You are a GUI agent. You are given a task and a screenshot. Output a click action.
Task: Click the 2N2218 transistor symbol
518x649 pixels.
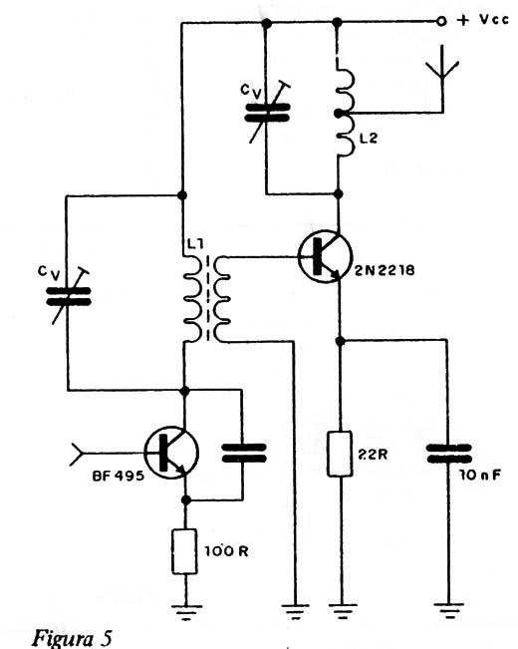[x=325, y=256]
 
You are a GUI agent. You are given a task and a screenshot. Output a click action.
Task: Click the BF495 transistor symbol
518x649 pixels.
[x=171, y=453]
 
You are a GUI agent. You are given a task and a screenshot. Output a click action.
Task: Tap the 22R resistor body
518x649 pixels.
[x=340, y=454]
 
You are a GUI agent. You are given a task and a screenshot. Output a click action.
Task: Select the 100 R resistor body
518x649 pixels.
[x=184, y=551]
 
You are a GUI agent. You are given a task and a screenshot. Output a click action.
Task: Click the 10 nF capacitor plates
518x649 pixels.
[x=449, y=454]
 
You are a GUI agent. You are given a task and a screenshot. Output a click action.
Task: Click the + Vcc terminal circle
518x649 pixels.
[x=441, y=21]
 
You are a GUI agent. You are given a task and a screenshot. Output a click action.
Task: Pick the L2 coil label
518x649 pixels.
[x=369, y=139]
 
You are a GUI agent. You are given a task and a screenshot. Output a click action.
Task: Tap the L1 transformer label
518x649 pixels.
[x=195, y=244]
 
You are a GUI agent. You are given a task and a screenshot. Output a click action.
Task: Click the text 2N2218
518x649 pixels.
[x=385, y=271]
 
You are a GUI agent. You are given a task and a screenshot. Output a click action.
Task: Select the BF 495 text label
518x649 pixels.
[x=119, y=476]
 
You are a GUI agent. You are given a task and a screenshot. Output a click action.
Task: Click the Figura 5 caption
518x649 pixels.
[x=72, y=638]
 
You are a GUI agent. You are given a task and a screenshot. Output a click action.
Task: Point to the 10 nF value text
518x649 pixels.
[x=480, y=476]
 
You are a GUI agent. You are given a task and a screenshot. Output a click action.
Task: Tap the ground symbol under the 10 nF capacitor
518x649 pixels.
[x=449, y=610]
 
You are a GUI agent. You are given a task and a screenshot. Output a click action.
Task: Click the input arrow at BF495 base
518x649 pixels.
[x=77, y=454]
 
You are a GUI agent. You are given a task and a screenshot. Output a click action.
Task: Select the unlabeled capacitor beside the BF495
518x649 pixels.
[x=244, y=453]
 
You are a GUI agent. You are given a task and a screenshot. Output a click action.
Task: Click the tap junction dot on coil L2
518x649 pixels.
[x=338, y=114]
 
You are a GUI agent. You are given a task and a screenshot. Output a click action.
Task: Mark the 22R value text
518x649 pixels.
[x=373, y=455]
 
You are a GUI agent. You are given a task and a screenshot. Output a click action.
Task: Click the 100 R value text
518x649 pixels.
[x=227, y=551]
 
